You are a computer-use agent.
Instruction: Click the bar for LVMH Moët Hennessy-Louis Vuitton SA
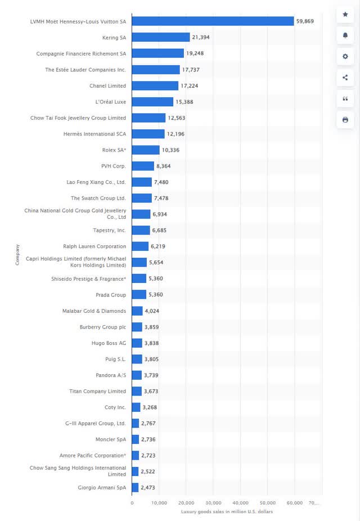[213, 21]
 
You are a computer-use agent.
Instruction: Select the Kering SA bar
[161, 37]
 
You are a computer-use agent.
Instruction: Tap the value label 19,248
[196, 53]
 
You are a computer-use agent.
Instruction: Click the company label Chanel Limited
[107, 86]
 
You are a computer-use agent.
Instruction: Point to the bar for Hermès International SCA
[148, 134]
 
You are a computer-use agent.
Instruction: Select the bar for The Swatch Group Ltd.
[142, 198]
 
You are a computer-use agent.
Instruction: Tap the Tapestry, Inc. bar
[141, 230]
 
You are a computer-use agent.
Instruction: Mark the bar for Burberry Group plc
[137, 327]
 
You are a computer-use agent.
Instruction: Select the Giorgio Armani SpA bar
[136, 487]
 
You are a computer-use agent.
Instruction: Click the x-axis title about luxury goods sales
[227, 511]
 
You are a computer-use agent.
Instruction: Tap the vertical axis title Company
[17, 254]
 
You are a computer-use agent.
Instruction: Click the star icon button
[345, 14]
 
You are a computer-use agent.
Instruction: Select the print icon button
[345, 120]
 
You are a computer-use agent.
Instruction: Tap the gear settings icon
[345, 56]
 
